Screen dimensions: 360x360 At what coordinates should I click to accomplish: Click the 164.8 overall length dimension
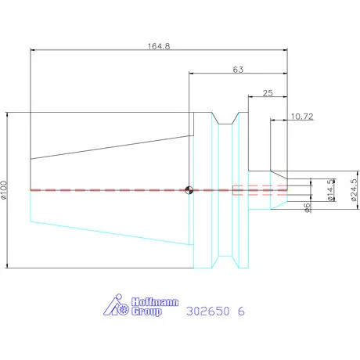click(159, 46)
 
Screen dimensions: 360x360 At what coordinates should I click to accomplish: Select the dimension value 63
click(238, 70)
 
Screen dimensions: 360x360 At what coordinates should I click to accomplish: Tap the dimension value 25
click(268, 93)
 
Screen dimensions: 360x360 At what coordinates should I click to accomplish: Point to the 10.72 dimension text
click(302, 117)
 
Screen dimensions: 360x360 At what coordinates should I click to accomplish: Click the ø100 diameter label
click(4, 190)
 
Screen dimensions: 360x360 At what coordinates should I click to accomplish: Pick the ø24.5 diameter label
click(354, 190)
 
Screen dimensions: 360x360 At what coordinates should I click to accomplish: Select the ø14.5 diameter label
click(330, 190)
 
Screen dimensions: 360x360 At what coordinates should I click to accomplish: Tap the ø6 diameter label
click(308, 207)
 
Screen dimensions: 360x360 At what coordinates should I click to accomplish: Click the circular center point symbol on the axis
click(189, 190)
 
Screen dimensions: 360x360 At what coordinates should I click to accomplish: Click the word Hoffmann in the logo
click(155, 302)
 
